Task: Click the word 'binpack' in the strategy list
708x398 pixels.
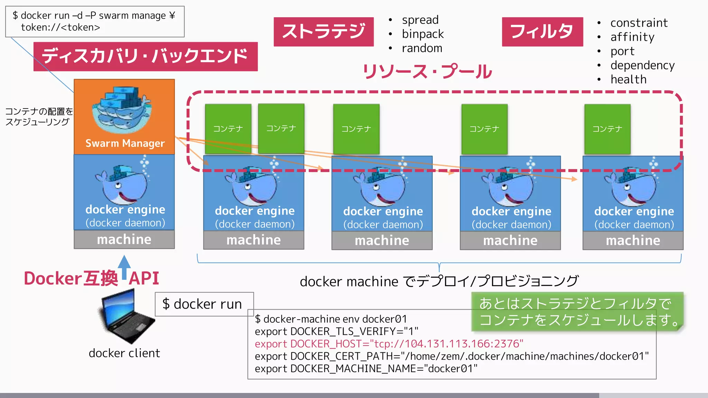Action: (x=422, y=34)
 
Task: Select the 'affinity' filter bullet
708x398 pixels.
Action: (x=632, y=37)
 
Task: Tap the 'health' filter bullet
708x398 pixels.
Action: (x=628, y=79)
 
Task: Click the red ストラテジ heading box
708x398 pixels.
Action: (x=324, y=31)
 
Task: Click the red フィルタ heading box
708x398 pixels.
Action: (x=542, y=31)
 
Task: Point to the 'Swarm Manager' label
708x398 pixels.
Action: (x=125, y=143)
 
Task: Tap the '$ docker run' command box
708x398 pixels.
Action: (x=204, y=304)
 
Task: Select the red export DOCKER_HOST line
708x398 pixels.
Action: (x=389, y=344)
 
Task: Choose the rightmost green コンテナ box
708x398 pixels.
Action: (x=607, y=129)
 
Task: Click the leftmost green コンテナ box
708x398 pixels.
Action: (x=228, y=129)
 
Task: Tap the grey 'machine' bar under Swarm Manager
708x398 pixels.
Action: (x=124, y=239)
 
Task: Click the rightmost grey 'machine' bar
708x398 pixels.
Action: (x=633, y=240)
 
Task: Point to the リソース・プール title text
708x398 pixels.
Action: (x=427, y=72)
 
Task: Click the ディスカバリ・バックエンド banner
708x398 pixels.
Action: (x=145, y=56)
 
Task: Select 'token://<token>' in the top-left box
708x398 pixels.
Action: (x=60, y=27)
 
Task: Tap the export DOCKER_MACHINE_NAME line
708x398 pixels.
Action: (x=366, y=369)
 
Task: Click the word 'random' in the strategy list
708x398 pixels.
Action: (x=422, y=48)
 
